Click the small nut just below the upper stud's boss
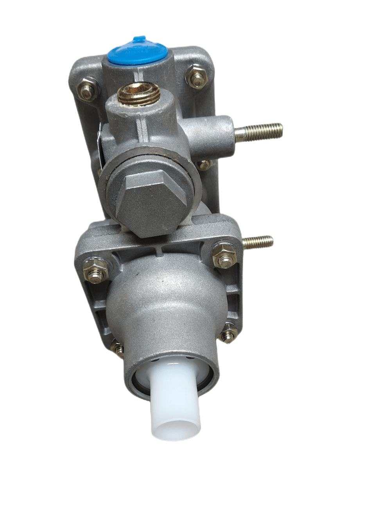pos(204,164)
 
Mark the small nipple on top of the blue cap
pos(138,39)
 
